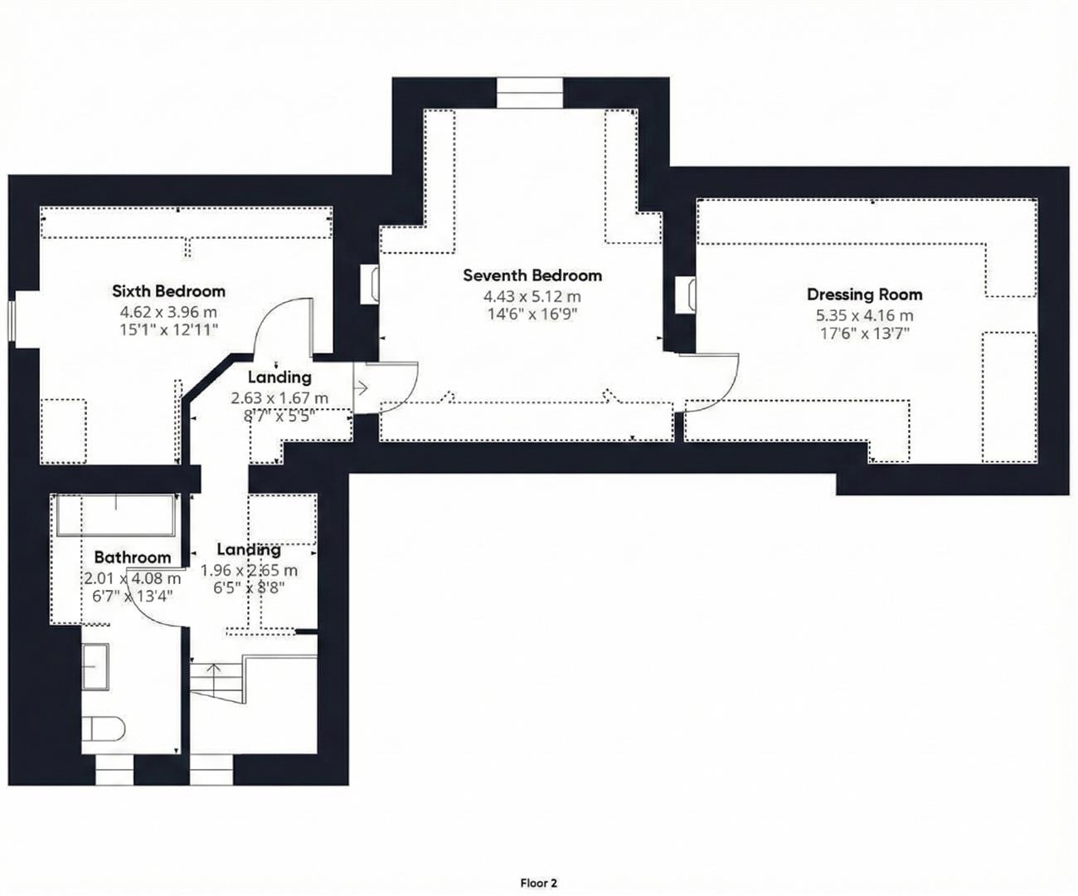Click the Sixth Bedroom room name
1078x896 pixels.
pos(168,291)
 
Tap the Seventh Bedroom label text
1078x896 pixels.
pos(532,275)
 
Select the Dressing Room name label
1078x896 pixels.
pos(864,295)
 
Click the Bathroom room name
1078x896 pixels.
pos(132,558)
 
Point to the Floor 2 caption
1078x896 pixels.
pos(538,883)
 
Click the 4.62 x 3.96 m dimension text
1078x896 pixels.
pos(168,312)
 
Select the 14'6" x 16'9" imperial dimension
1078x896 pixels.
pos(532,314)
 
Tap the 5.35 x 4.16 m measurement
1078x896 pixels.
pos(864,315)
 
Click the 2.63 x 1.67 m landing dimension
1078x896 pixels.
pos(279,398)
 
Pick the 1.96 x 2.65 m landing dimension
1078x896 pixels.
pos(249,571)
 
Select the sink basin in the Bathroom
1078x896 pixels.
pos(95,665)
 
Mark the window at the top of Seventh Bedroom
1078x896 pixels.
pos(530,92)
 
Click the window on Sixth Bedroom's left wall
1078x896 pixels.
pos(13,320)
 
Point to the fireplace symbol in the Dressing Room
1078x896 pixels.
pos(685,295)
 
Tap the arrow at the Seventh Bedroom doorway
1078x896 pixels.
pos(362,387)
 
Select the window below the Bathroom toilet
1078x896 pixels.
pos(114,771)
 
